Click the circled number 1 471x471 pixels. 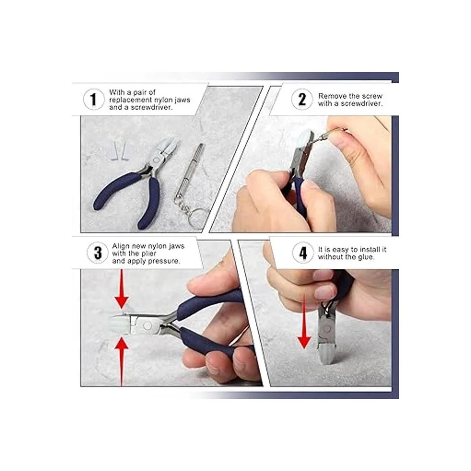pos(93,99)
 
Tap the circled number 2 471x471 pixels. pos(302,99)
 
